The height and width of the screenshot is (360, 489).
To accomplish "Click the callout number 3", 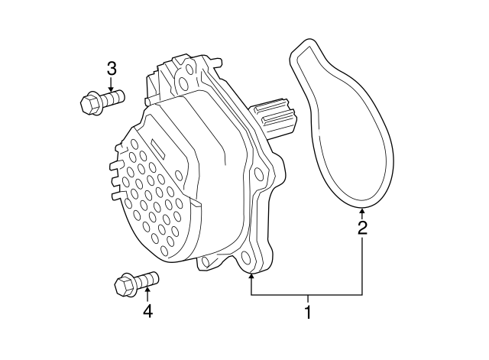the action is (x=112, y=69).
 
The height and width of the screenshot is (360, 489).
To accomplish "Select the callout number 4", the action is (x=147, y=311).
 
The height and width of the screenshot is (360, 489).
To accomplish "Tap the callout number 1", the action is (x=308, y=313).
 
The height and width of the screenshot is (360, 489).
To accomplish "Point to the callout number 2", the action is (x=362, y=228).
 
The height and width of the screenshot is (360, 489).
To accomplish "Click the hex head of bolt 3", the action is (x=91, y=103).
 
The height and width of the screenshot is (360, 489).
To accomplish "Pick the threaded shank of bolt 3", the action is (x=114, y=96).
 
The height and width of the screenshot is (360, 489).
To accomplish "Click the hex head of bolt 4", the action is (x=125, y=285).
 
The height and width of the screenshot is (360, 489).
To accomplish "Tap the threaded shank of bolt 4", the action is (x=147, y=278).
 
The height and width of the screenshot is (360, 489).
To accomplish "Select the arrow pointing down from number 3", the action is (x=112, y=84).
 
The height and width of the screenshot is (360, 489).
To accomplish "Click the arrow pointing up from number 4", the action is (x=147, y=295).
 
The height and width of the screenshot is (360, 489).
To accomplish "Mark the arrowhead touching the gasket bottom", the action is (x=361, y=211).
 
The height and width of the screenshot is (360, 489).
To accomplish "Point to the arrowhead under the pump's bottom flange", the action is (x=251, y=277).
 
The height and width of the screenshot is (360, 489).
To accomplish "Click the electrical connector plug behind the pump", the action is (x=274, y=118).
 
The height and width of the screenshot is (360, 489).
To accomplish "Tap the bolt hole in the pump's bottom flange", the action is (x=246, y=258).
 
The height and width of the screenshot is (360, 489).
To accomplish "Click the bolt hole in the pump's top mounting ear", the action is (x=184, y=83).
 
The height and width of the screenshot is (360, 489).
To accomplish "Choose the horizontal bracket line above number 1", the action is (x=306, y=294).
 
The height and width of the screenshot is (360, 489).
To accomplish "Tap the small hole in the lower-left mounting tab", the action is (x=205, y=261).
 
